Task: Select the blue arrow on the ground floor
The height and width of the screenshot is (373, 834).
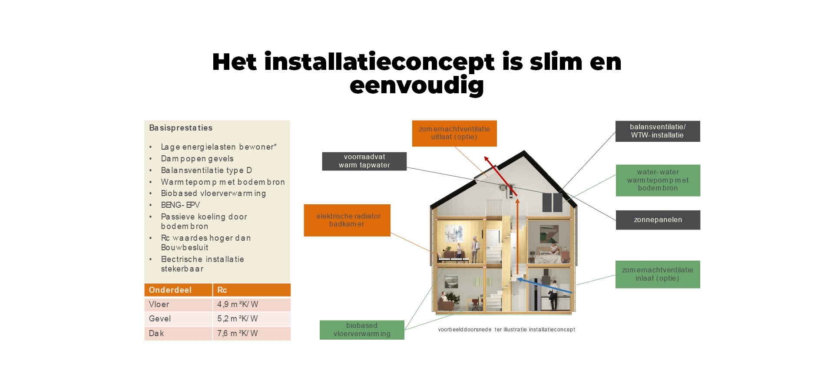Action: coord(543,285)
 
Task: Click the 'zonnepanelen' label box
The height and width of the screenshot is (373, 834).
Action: coord(658,220)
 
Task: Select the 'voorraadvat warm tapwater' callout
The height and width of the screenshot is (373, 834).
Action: coord(364,161)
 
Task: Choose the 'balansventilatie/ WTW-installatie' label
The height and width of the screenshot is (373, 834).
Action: coord(658,131)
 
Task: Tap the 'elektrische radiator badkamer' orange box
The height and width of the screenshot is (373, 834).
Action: coord(347,220)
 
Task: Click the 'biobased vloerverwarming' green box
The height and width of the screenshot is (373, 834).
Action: coord(362,330)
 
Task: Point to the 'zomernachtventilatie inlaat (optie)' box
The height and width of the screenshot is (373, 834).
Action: coord(658,274)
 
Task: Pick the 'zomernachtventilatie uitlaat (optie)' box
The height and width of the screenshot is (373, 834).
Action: coord(454,133)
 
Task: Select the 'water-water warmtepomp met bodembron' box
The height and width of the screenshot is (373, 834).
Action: coord(658,180)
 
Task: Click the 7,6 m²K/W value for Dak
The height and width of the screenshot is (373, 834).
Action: coord(238,333)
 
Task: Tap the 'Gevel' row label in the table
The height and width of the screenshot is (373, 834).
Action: coord(160,318)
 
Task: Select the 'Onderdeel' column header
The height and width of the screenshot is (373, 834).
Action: coord(170,290)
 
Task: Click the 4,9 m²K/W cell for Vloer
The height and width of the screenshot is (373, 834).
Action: coord(238,304)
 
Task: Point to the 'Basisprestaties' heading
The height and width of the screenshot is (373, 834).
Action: coord(181,128)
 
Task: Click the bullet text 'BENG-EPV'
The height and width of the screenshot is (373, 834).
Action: coord(180,205)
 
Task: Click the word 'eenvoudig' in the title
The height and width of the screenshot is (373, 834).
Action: coord(417,85)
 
